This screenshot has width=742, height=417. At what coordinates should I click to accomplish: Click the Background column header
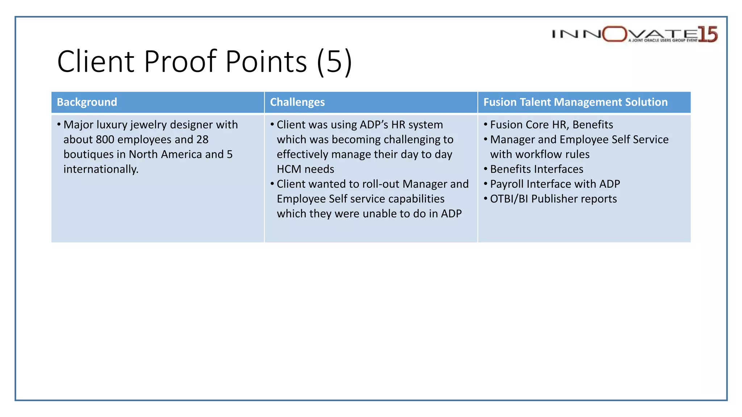pyautogui.click(x=87, y=102)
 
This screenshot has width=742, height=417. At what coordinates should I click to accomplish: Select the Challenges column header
pyautogui.click(x=297, y=102)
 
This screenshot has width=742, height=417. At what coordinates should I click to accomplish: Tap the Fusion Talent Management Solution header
pyautogui.click(x=575, y=102)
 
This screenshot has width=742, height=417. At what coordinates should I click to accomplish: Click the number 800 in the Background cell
pyautogui.click(x=105, y=140)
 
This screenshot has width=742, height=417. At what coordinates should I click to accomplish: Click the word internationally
pyautogui.click(x=101, y=169)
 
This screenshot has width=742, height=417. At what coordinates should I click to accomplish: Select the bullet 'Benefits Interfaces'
pyautogui.click(x=537, y=169)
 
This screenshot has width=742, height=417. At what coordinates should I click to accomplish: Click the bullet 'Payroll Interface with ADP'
pyautogui.click(x=555, y=184)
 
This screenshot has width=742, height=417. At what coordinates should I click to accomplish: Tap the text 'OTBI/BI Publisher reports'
pyautogui.click(x=553, y=199)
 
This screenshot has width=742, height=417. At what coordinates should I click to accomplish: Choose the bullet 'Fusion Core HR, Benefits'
pyautogui.click(x=551, y=125)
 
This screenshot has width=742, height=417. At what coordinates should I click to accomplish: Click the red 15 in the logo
pyautogui.click(x=708, y=34)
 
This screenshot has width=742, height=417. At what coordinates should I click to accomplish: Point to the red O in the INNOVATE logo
pyautogui.click(x=615, y=34)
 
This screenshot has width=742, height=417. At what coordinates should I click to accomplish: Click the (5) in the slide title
pyautogui.click(x=334, y=62)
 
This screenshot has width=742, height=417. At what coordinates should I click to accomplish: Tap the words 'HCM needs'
pyautogui.click(x=305, y=169)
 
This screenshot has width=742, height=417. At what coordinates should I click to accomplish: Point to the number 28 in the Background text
pyautogui.click(x=203, y=140)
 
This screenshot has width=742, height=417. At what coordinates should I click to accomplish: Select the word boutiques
pyautogui.click(x=88, y=155)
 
